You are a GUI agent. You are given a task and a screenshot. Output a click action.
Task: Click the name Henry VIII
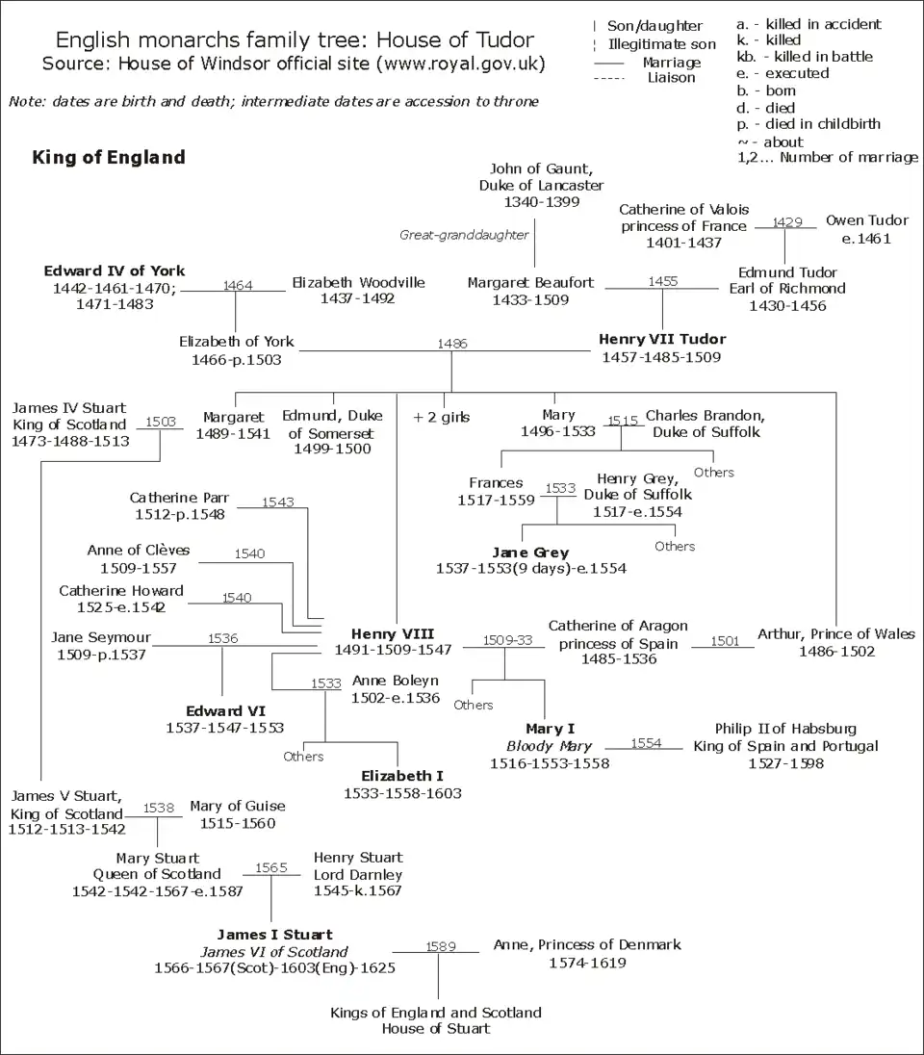pyautogui.click(x=392, y=633)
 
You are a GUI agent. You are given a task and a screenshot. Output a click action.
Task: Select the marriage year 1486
pyautogui.click(x=451, y=343)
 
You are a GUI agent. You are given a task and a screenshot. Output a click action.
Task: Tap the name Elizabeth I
pyautogui.click(x=402, y=776)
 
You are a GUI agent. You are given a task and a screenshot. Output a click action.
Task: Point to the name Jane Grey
pyautogui.click(x=530, y=553)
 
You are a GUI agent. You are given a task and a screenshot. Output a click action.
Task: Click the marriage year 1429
pyautogui.click(x=786, y=221)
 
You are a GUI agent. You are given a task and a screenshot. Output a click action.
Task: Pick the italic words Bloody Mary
pyautogui.click(x=550, y=746)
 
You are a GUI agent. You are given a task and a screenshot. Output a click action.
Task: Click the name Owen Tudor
pyautogui.click(x=866, y=220)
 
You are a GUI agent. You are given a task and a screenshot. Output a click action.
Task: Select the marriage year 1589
pyautogui.click(x=440, y=946)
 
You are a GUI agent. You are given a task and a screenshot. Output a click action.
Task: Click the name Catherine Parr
pyautogui.click(x=179, y=498)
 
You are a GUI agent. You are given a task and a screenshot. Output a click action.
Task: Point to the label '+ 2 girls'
pyautogui.click(x=441, y=417)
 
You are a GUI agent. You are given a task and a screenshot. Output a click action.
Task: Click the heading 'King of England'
pyautogui.click(x=109, y=157)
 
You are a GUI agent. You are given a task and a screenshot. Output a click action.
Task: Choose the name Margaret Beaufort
pyautogui.click(x=530, y=283)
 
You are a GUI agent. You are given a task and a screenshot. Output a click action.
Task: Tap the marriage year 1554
pyautogui.click(x=646, y=743)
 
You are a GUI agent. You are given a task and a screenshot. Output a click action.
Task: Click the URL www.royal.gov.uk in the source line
pyautogui.click(x=463, y=64)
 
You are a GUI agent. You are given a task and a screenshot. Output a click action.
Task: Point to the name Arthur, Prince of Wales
pyautogui.click(x=835, y=634)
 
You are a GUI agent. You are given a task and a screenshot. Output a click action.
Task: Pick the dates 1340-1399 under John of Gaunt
pyautogui.click(x=542, y=202)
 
